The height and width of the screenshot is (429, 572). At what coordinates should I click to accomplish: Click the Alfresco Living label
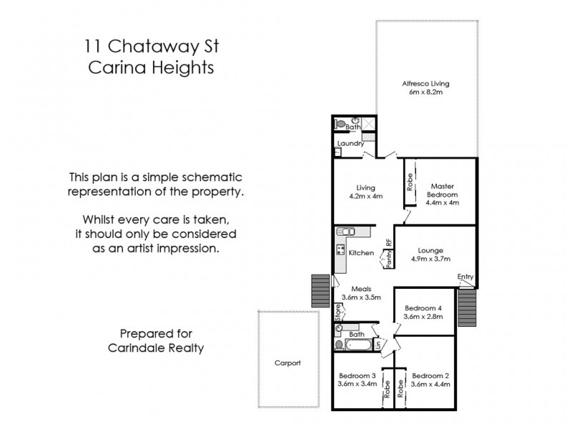(425, 83)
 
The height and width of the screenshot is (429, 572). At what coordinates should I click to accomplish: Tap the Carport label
(287, 363)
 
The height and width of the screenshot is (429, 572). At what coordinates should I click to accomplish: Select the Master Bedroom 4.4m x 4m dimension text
(442, 202)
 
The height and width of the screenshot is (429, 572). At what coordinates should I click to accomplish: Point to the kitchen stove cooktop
(340, 252)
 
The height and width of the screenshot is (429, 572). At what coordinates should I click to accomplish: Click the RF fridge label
(388, 242)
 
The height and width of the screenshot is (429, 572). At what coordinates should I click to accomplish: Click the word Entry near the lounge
(465, 277)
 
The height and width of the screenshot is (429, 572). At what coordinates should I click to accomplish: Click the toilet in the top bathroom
(342, 124)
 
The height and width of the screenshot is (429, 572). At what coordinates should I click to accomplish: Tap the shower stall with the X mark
(368, 124)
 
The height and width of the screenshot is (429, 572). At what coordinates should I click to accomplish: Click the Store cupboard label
(339, 312)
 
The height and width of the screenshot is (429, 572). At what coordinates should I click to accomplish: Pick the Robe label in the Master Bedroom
(409, 182)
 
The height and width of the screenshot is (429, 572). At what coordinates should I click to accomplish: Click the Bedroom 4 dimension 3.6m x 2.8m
(424, 316)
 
